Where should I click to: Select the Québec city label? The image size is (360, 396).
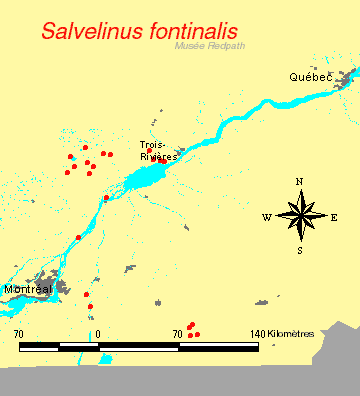coord(310,77)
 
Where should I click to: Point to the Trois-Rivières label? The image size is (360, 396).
coord(159,150)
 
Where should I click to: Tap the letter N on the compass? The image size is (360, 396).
coord(300,181)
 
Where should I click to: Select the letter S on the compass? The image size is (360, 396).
coord(300,250)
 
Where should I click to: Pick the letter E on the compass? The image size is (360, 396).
coord(334,216)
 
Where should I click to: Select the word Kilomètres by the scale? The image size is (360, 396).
coord(291,333)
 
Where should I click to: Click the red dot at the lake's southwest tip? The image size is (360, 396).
coord(106,198)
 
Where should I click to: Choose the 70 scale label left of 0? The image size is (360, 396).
coord(19,333)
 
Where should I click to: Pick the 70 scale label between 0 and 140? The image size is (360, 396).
coord(177,333)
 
